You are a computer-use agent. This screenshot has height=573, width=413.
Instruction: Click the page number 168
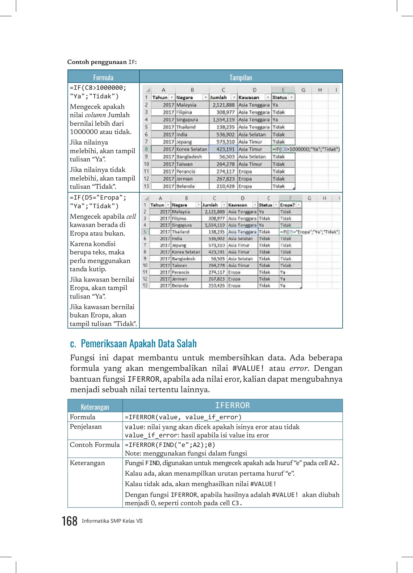click(x=69, y=521)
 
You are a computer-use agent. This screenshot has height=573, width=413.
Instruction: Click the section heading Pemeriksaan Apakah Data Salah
click(x=139, y=344)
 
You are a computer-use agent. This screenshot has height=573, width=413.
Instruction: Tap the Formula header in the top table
click(x=103, y=77)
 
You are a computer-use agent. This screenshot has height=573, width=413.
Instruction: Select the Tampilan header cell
click(x=241, y=77)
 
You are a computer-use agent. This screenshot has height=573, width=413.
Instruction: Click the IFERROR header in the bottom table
click(x=232, y=406)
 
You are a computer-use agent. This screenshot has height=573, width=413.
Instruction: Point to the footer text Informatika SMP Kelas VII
click(x=112, y=521)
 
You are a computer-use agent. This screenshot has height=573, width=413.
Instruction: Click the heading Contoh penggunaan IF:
click(x=102, y=62)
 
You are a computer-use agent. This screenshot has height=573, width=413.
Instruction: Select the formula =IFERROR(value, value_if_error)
click(x=183, y=417)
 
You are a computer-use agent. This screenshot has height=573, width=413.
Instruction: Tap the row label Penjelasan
click(x=86, y=427)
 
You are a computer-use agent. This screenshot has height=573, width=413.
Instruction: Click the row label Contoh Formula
click(x=95, y=445)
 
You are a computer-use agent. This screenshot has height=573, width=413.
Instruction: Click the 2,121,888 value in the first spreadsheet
click(x=224, y=105)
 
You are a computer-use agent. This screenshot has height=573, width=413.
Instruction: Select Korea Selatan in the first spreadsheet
click(x=192, y=149)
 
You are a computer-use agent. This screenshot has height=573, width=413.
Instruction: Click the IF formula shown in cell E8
click(x=306, y=149)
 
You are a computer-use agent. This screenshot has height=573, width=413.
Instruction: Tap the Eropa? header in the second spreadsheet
click(x=288, y=205)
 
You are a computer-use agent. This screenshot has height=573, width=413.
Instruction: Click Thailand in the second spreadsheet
click(x=181, y=232)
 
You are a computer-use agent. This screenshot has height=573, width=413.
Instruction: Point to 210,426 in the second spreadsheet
click(x=217, y=286)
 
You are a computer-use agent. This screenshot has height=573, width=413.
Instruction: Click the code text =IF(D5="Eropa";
click(x=98, y=197)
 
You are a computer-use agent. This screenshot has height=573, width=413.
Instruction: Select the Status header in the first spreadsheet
click(x=280, y=97)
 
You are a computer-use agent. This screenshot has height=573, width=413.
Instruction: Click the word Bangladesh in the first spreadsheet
click(x=189, y=157)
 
